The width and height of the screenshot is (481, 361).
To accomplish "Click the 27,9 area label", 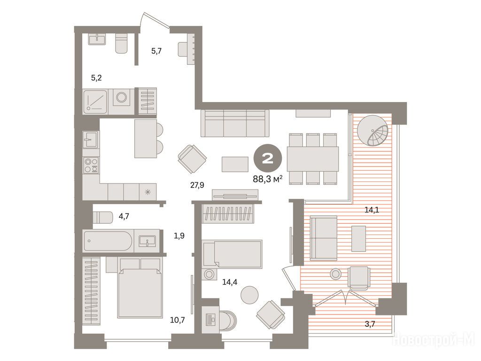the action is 197,185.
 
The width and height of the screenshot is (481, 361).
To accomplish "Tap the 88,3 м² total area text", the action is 267,179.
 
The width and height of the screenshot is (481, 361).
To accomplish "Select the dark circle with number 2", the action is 267,158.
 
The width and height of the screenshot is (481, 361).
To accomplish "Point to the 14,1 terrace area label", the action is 372,210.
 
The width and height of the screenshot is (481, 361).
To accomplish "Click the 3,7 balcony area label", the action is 370,323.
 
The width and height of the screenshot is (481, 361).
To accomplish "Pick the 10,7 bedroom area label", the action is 177,320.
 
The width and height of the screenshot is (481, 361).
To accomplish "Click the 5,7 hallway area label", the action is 156,51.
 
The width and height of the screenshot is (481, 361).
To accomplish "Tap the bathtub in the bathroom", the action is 109,241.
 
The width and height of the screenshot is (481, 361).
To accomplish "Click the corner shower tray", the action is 95,102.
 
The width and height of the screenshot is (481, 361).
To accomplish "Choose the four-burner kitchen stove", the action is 91,165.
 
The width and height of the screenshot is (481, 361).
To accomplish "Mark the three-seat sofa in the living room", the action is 235,124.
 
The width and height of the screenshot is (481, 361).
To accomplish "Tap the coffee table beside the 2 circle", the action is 235,164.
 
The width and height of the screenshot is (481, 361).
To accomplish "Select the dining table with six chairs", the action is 313,159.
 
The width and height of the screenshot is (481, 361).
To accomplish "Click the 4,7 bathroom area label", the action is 124,216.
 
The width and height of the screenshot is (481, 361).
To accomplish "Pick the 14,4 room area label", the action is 230,282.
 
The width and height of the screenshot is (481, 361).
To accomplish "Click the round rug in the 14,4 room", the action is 249,295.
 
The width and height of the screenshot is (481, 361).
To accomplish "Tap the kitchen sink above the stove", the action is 91,139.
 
